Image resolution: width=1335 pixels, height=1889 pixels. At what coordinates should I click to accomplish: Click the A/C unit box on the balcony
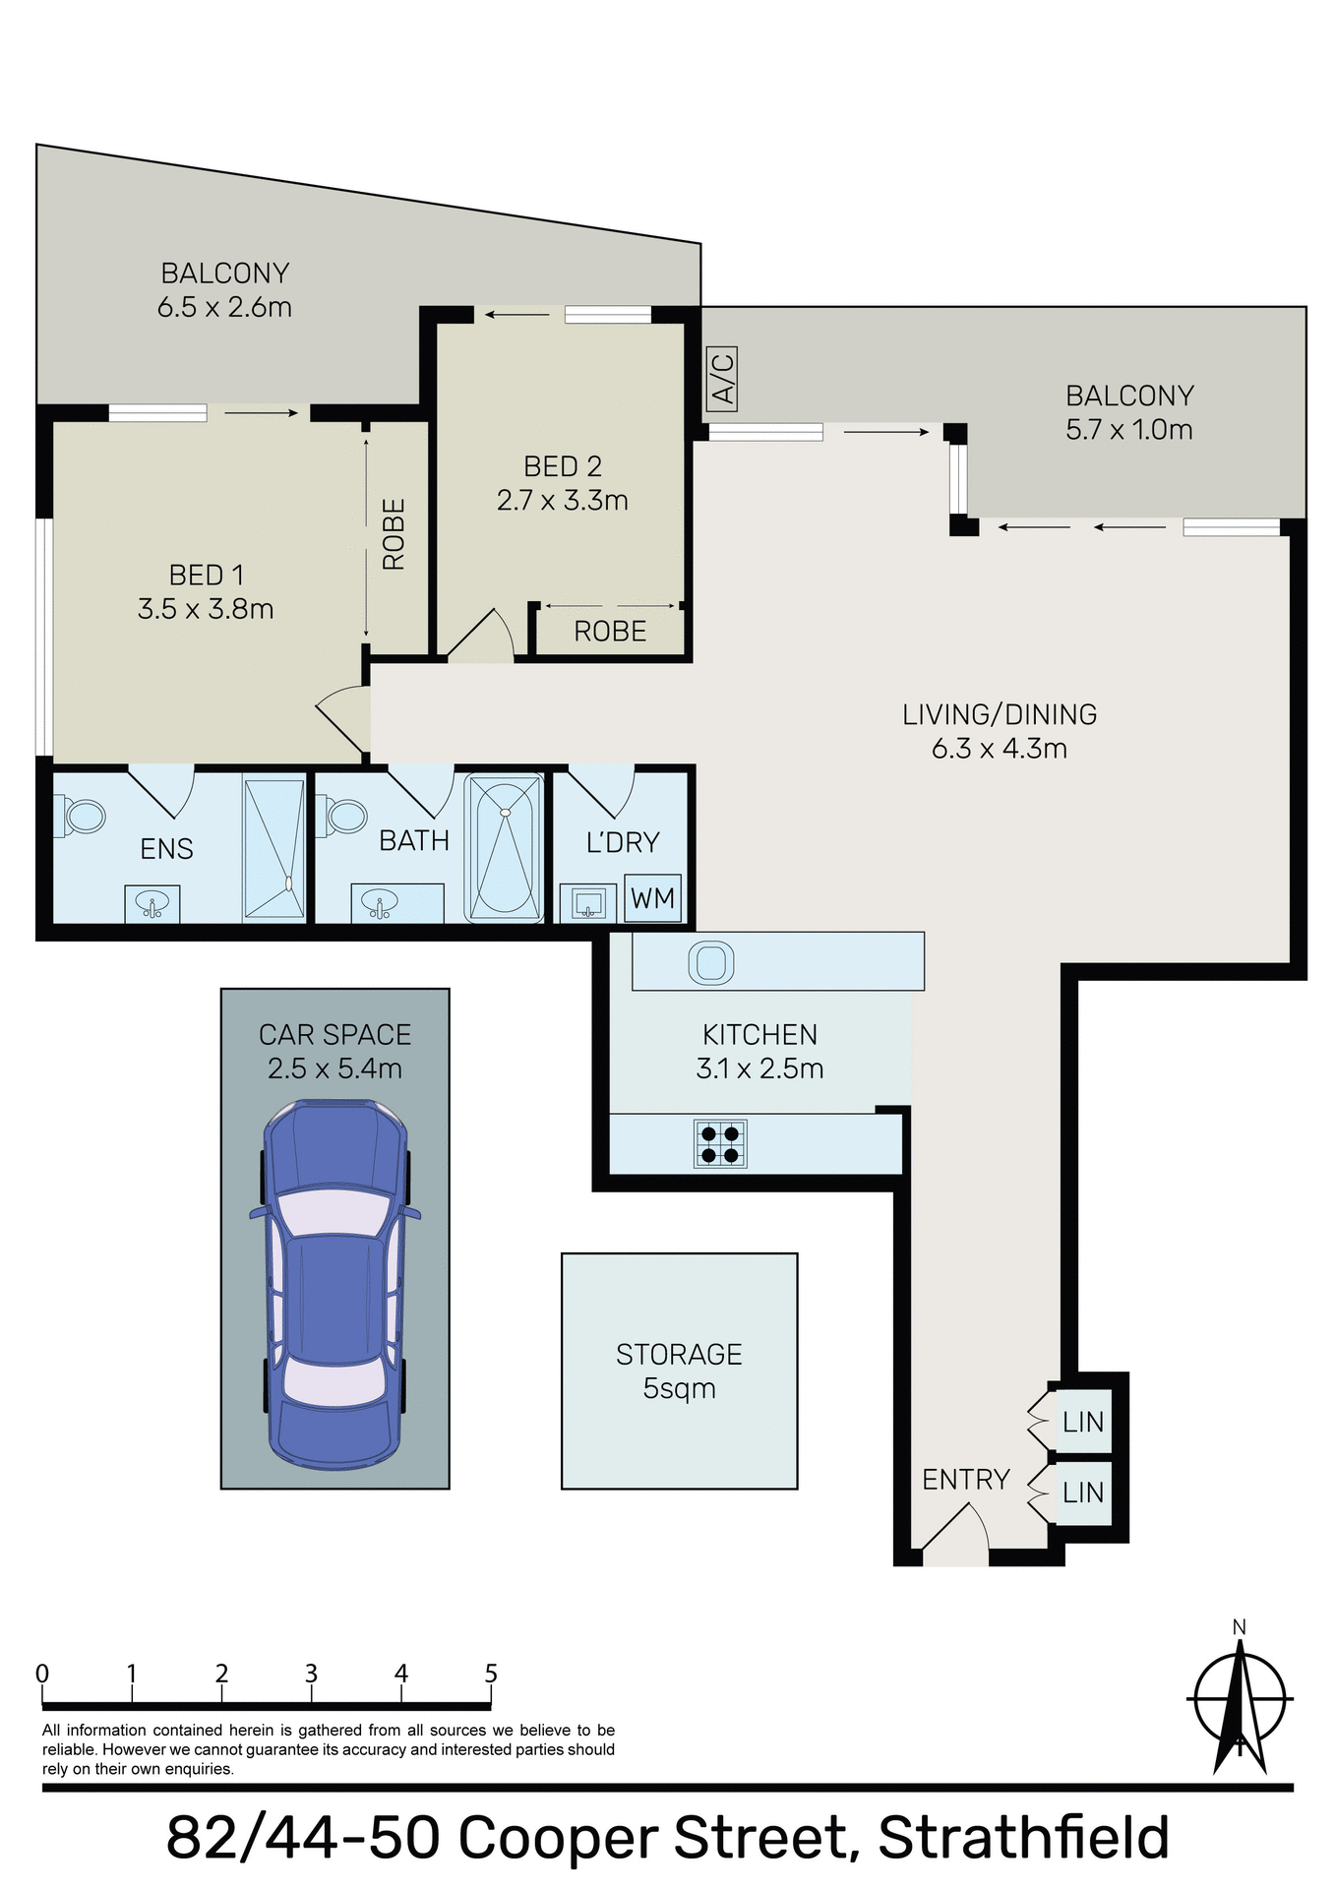pyautogui.click(x=722, y=380)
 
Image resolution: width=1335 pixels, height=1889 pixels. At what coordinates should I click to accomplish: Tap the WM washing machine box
pyautogui.click(x=652, y=898)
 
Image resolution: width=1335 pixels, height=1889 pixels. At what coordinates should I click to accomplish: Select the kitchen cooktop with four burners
pyautogui.click(x=720, y=1144)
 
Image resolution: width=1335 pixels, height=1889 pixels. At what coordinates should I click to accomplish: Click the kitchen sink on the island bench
pyautogui.click(x=710, y=962)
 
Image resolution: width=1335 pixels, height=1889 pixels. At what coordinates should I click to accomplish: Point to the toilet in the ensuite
pyautogui.click(x=83, y=816)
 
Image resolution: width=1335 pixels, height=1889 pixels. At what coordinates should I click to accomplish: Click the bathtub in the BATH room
pyautogui.click(x=505, y=848)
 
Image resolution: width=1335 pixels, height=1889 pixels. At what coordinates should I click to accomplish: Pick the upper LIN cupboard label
pyautogui.click(x=1082, y=1422)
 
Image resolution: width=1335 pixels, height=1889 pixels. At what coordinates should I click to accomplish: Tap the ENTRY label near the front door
pyautogui.click(x=965, y=1480)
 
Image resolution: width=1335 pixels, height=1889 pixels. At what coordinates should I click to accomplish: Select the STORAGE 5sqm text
pyautogui.click(x=679, y=1371)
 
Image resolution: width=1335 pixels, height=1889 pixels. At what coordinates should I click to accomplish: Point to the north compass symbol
pyautogui.click(x=1240, y=1701)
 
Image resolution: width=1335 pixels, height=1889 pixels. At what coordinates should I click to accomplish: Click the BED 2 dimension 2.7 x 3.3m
pyautogui.click(x=562, y=501)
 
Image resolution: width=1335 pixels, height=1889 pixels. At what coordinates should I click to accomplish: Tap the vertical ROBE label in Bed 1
pyautogui.click(x=394, y=534)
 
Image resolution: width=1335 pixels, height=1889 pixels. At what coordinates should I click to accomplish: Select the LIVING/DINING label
pyautogui.click(x=1000, y=714)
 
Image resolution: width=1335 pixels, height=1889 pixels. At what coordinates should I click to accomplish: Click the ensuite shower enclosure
pyautogui.click(x=274, y=849)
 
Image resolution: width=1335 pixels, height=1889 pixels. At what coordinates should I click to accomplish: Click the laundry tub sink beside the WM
pyautogui.click(x=587, y=902)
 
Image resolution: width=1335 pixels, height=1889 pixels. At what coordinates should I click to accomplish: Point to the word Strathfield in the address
pyautogui.click(x=1023, y=1837)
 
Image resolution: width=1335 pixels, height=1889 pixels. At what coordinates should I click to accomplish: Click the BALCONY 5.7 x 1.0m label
pyautogui.click(x=1129, y=412)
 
